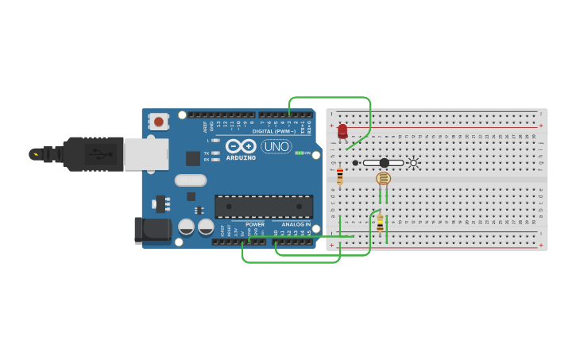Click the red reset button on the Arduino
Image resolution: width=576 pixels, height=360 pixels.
pyautogui.click(x=159, y=122)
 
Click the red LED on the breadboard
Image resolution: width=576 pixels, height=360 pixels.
pyautogui.click(x=342, y=131)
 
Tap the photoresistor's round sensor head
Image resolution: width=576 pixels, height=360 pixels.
pyautogui.click(x=383, y=178)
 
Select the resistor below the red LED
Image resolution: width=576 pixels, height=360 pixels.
pyautogui.click(x=340, y=176)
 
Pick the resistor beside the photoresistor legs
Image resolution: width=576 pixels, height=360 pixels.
pyautogui.click(x=380, y=222)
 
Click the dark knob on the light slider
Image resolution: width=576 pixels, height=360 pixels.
pyautogui.click(x=385, y=163)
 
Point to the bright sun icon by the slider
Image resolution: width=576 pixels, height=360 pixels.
pyautogui.click(x=413, y=163)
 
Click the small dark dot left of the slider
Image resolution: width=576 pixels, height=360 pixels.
pyautogui.click(x=355, y=163)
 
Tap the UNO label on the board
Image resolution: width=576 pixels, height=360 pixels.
pyautogui.click(x=276, y=146)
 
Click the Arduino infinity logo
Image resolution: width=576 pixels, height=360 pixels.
pyautogui.click(x=240, y=146)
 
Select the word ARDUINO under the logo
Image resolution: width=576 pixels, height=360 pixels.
pyautogui.click(x=241, y=157)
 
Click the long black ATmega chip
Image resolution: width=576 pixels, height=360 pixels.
pyautogui.click(x=264, y=207)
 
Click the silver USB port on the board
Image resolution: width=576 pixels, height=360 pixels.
pyautogui.click(x=146, y=154)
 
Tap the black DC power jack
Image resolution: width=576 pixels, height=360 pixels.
pyautogui.click(x=153, y=230)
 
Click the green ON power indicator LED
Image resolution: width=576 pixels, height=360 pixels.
pyautogui.click(x=300, y=153)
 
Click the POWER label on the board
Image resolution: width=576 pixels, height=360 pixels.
pyautogui.click(x=255, y=225)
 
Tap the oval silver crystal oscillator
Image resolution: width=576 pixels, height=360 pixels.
pyautogui.click(x=191, y=180)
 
